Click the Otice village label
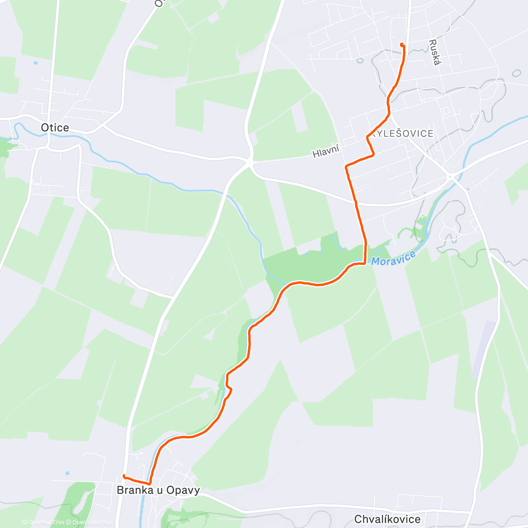(55, 128)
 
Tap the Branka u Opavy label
(158, 490)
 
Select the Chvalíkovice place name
(387, 519)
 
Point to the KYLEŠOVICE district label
(403, 134)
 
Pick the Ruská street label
(434, 52)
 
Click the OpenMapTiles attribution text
(46, 522)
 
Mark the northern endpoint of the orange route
(402, 44)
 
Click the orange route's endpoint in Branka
(124, 476)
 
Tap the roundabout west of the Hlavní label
(250, 163)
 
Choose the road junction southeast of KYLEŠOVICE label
(450, 176)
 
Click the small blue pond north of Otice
(35, 63)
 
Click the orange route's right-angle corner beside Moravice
(365, 263)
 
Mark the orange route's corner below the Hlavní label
(347, 166)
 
